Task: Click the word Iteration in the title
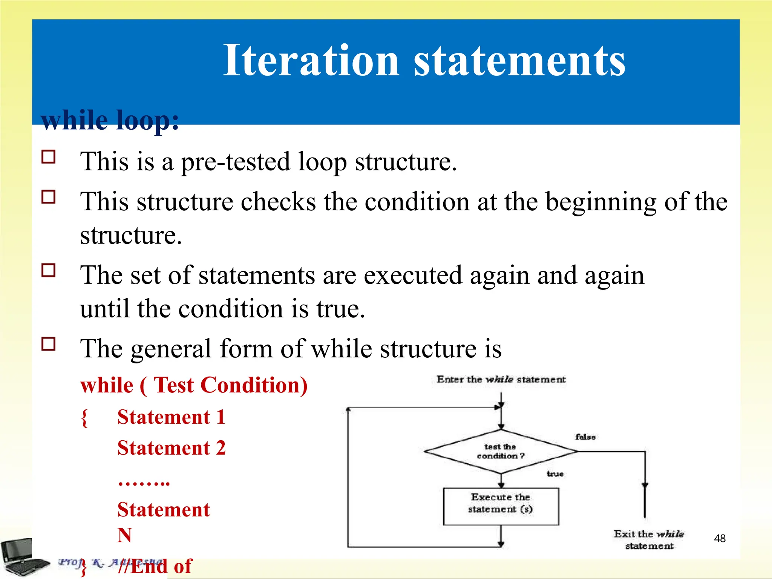click(x=311, y=60)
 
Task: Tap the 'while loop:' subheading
click(x=110, y=120)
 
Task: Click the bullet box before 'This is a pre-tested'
click(x=49, y=156)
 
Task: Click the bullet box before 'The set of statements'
click(x=49, y=270)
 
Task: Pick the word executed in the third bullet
click(x=413, y=276)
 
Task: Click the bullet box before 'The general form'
click(x=49, y=344)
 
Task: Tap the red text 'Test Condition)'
click(x=231, y=386)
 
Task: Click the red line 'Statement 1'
click(x=172, y=417)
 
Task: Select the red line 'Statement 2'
click(x=172, y=448)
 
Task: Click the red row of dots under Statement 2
click(x=144, y=482)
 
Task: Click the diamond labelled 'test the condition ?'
click(x=500, y=451)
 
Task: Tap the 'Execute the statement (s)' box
click(x=501, y=506)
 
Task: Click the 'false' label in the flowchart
click(x=585, y=437)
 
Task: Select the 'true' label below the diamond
click(x=555, y=474)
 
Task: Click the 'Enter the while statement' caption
click(x=501, y=380)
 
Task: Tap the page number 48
click(x=720, y=538)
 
